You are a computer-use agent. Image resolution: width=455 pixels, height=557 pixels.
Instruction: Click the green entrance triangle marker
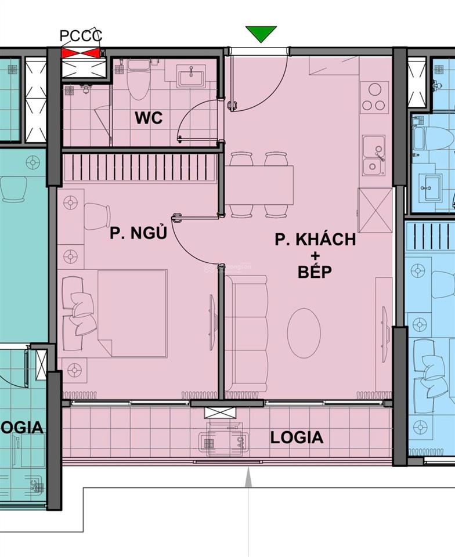tap(261, 34)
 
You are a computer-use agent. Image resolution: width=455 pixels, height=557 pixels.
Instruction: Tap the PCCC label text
tap(81, 37)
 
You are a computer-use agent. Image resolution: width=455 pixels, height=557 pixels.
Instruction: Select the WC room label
tap(149, 118)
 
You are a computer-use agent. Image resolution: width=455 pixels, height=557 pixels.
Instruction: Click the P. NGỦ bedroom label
tap(138, 233)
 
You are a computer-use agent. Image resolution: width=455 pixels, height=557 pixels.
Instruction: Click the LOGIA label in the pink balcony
tap(297, 437)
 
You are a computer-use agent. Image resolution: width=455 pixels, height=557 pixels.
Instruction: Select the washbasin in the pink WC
tap(191, 75)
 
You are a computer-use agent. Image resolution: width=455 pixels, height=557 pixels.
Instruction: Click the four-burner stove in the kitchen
tap(374, 97)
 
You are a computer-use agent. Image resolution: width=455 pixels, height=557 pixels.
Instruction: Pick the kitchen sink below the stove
tap(374, 155)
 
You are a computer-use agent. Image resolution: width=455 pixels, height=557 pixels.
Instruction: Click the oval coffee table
tap(304, 333)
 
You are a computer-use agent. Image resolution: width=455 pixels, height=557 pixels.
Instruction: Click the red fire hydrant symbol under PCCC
tap(82, 53)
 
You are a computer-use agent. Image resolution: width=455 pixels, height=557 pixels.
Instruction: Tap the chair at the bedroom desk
tap(97, 216)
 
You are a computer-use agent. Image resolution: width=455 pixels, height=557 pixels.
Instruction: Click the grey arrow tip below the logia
tap(248, 474)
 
